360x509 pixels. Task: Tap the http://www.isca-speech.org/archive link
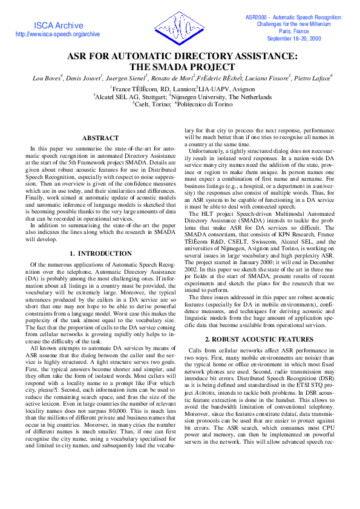(57, 34)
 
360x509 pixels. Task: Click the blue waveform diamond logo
(180, 28)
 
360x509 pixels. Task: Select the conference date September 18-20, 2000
(294, 38)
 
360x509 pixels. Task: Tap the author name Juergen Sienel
(126, 78)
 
